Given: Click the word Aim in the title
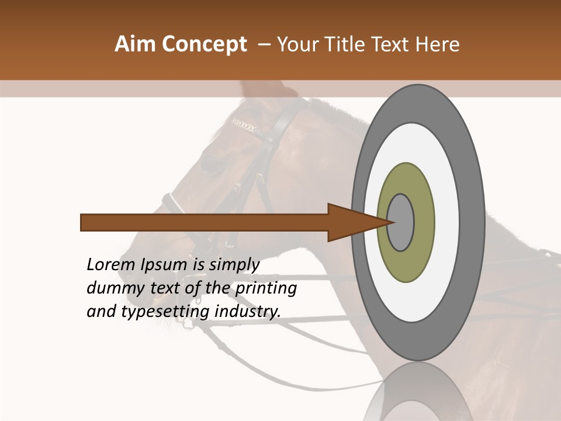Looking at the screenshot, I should (x=133, y=44).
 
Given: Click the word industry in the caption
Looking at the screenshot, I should (x=247, y=311).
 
